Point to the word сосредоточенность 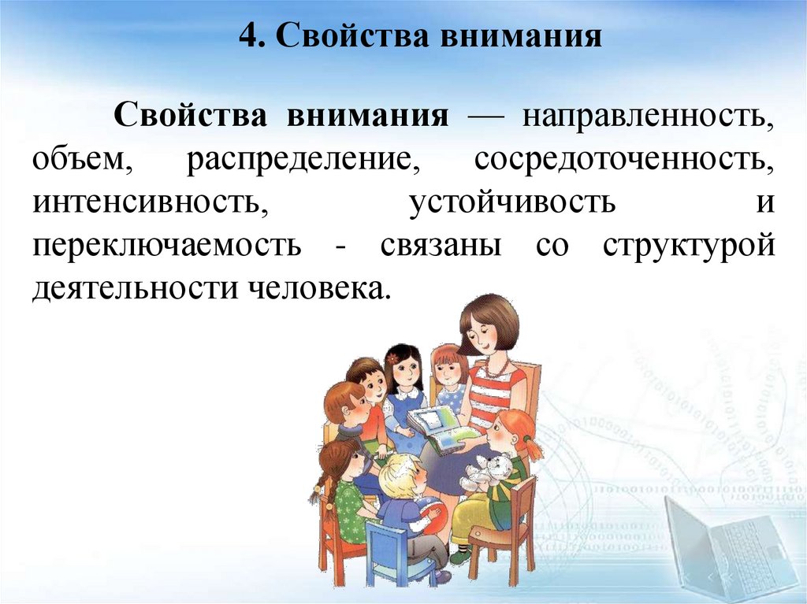coord(625,161)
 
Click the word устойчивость coord(512,203)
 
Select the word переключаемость coord(167,246)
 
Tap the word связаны coord(441,246)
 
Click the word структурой coord(689,246)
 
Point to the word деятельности coord(133,289)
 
